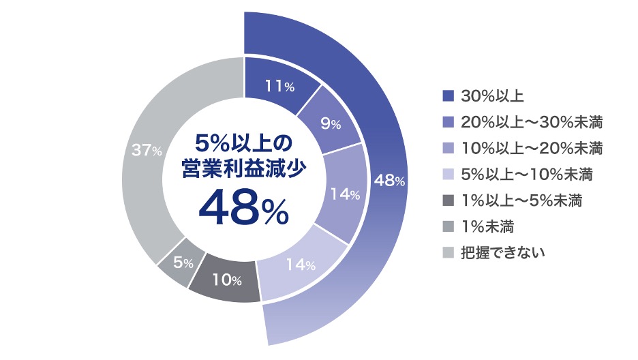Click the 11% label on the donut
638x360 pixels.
[279, 87]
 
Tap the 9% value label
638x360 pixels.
[330, 124]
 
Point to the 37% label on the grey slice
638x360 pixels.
[147, 151]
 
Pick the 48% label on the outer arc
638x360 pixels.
[390, 181]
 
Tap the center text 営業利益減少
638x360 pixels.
[243, 168]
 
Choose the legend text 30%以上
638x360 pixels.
[492, 96]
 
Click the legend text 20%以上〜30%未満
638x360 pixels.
[532, 122]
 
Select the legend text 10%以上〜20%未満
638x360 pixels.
[532, 148]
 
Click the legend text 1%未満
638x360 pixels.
[487, 226]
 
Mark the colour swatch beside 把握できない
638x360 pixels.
[447, 252]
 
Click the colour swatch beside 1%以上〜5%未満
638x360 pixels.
[447, 200]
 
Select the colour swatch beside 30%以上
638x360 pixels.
[447, 96]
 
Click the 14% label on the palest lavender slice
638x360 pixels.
[300, 265]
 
